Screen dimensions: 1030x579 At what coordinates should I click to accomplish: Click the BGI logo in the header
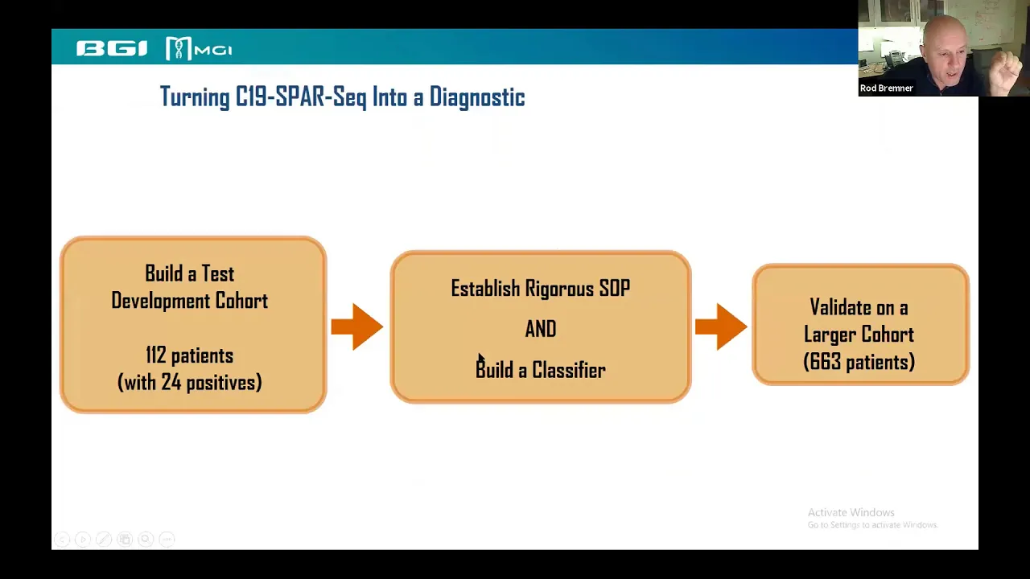pos(112,48)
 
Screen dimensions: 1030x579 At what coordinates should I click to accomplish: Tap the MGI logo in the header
pos(199,48)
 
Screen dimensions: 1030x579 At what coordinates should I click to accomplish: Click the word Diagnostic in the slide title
pos(477,97)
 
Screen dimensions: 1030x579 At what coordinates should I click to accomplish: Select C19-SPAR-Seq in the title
pos(301,97)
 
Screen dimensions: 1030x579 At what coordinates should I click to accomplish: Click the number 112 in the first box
pos(156,355)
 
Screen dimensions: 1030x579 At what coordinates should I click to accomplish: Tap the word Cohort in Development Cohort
pos(242,301)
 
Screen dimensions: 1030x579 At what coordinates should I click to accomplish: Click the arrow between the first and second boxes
pos(357,326)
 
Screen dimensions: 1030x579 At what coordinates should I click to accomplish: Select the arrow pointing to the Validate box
pos(721,326)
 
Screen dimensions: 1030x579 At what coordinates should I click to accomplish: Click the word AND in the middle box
pos(541,329)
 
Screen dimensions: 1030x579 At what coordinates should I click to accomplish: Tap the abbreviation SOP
pos(614,289)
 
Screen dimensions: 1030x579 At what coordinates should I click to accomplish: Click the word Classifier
pos(569,370)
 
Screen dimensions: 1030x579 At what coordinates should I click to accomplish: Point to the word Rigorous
pos(559,289)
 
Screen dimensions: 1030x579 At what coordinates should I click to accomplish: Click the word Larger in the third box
pos(829,335)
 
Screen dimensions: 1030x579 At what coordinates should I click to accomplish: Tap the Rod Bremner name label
pos(886,88)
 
